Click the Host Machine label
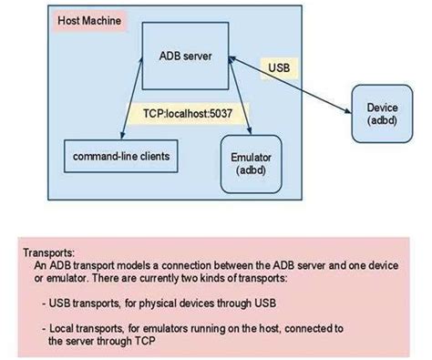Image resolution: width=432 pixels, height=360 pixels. [89, 20]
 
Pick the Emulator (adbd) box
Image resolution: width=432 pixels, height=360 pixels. [250, 163]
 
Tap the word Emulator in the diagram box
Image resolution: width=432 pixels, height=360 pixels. [250, 157]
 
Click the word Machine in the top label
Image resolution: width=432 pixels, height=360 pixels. [103, 20]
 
